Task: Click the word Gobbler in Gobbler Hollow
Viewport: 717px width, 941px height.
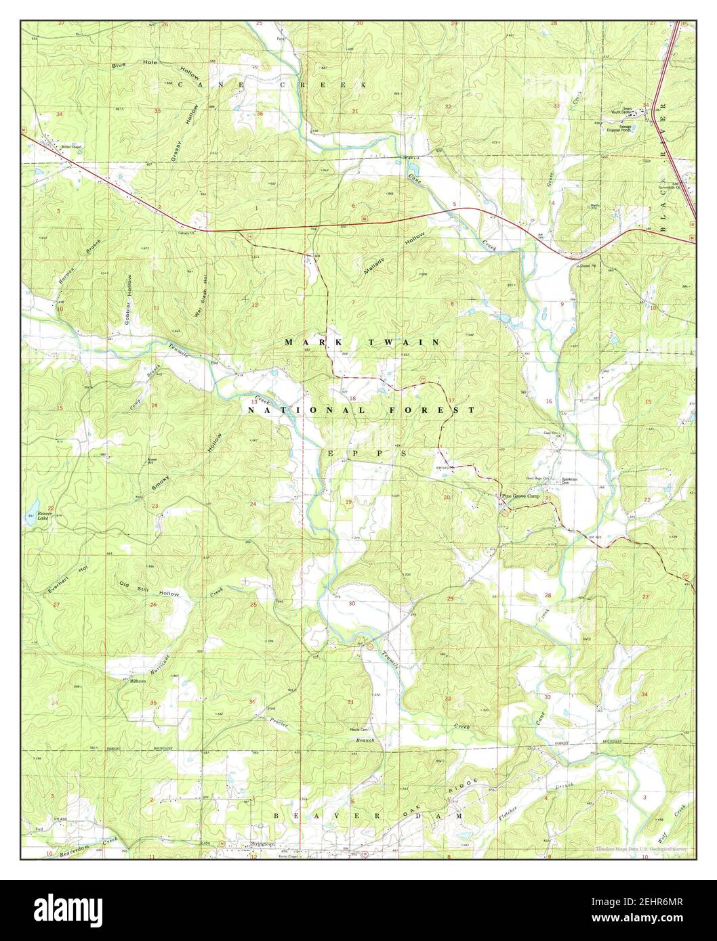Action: [x=127, y=312]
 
